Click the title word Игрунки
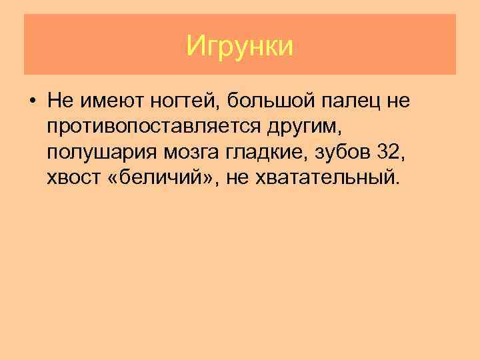point(240,47)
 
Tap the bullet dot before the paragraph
point(32,102)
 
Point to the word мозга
point(183,153)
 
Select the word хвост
point(71,178)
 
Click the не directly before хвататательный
point(237,178)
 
